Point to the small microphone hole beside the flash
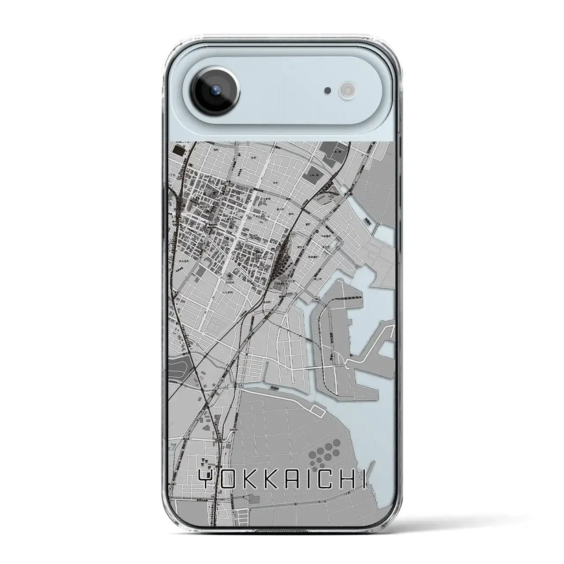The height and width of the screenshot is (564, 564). [327, 91]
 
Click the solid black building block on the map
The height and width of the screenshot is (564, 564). [179, 151]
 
